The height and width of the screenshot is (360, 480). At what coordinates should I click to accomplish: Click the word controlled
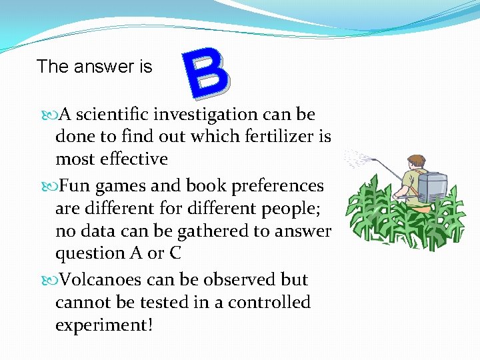coord(269,302)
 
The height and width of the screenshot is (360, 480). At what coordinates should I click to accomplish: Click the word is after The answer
coord(145,67)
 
